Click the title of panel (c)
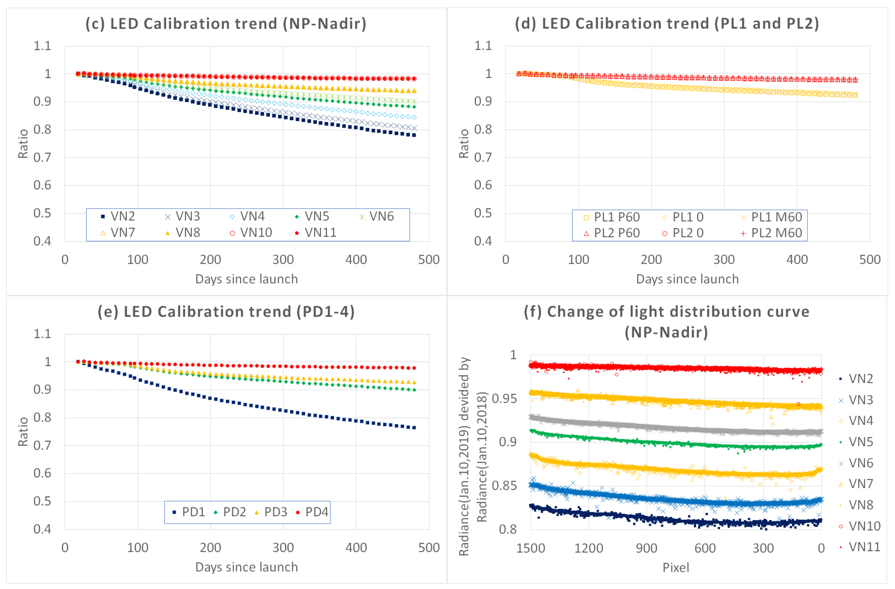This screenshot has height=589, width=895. click(x=226, y=23)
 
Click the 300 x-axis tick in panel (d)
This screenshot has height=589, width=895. click(x=724, y=260)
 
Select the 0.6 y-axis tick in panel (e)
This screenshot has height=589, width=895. click(x=42, y=473)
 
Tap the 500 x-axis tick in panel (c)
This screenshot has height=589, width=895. click(x=429, y=260)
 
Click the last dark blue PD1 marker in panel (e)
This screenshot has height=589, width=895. click(x=414, y=428)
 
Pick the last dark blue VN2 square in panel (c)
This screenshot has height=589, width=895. click(x=414, y=135)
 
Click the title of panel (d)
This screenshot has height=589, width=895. click(x=667, y=23)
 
